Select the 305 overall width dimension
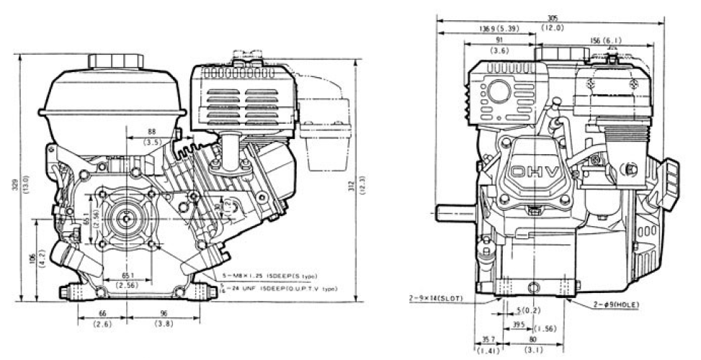[551, 18]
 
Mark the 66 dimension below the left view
[102, 314]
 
